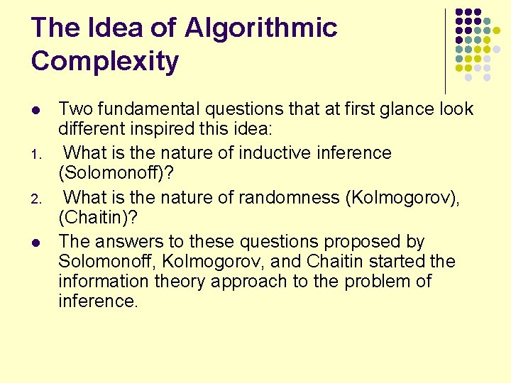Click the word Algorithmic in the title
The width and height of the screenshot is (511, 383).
(260, 28)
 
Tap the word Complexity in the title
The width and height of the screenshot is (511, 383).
(105, 62)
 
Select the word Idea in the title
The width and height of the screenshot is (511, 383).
(113, 28)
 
